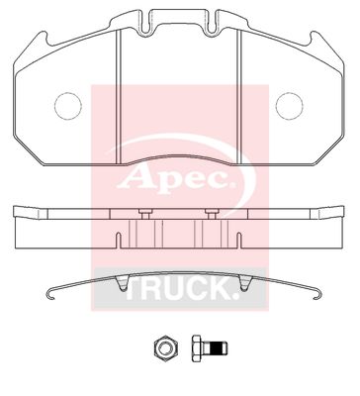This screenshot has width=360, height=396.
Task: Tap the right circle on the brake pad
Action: click(290, 103)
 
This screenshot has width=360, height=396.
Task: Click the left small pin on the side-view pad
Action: click(145, 214)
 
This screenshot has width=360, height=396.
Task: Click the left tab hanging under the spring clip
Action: click(121, 285)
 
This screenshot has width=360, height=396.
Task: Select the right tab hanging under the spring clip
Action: click(238, 285)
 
